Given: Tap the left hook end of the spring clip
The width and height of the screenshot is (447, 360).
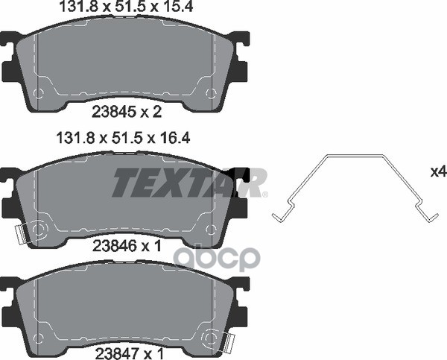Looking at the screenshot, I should point(278,217).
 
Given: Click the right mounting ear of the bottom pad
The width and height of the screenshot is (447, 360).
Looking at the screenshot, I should point(240,294).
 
